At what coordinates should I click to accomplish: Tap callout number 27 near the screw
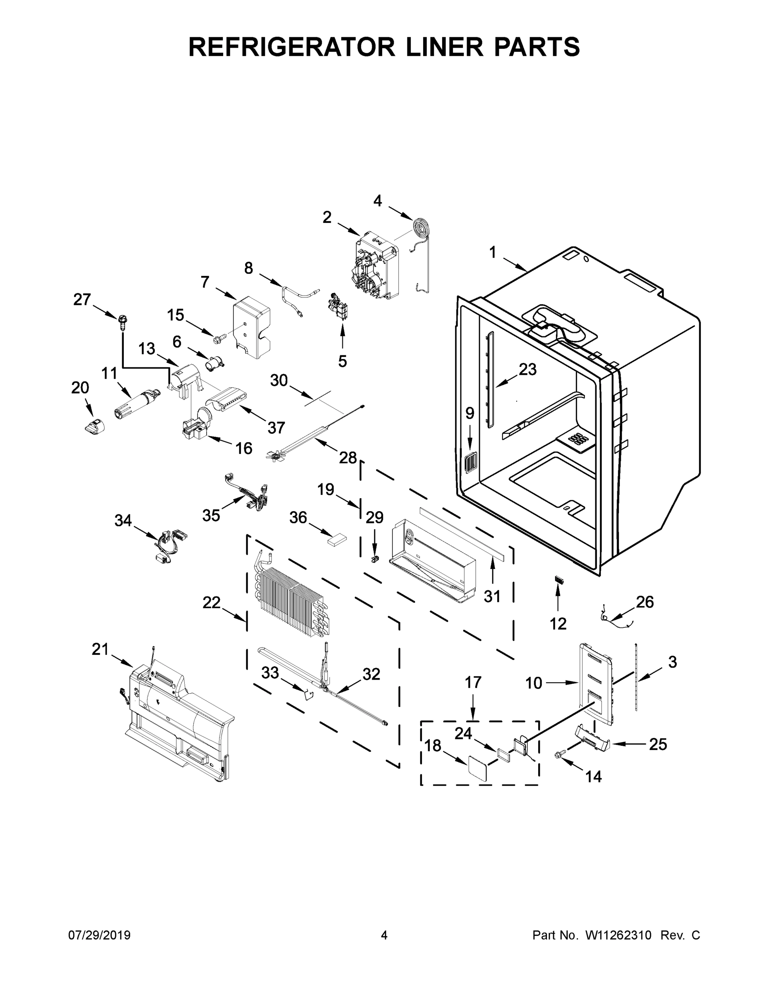pyautogui.click(x=82, y=300)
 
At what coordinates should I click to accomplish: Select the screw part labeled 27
pyautogui.click(x=123, y=321)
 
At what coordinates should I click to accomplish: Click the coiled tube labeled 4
pyautogui.click(x=418, y=226)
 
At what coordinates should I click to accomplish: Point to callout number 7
pyautogui.click(x=205, y=282)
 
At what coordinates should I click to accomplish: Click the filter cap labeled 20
pyautogui.click(x=94, y=427)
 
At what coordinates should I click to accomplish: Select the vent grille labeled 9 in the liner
pyautogui.click(x=470, y=461)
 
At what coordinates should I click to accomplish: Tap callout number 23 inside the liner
pyautogui.click(x=527, y=369)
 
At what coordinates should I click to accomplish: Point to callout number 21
pyautogui.click(x=100, y=649)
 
